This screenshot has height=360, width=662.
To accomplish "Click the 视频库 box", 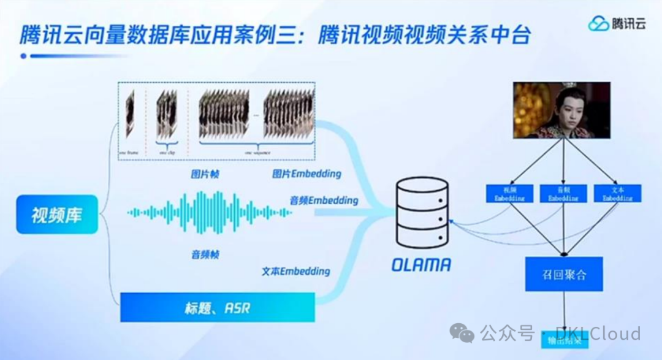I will (x=57, y=215).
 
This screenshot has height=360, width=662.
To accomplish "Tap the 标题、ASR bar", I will (x=217, y=307).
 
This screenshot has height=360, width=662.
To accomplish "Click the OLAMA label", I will (x=422, y=265).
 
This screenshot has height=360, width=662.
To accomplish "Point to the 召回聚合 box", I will (x=564, y=274).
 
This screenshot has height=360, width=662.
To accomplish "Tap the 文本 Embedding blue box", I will (x=617, y=194).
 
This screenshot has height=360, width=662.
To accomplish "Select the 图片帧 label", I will (x=205, y=174).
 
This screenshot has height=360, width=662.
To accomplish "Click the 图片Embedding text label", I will (x=307, y=174).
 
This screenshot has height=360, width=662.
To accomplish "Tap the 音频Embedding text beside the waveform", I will (x=324, y=201).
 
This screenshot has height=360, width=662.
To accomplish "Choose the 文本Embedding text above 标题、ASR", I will (x=295, y=271).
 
